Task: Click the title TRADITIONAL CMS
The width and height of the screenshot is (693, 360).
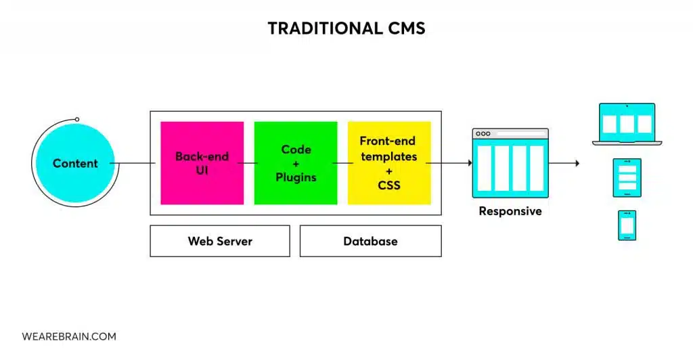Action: coord(346,28)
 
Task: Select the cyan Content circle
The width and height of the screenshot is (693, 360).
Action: coord(75,163)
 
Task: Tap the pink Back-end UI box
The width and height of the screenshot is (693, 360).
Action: coord(202,163)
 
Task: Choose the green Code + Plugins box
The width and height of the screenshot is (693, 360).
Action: coord(295,163)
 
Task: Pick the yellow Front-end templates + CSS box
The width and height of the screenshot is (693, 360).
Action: coord(388,163)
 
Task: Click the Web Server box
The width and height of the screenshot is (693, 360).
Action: coord(219,241)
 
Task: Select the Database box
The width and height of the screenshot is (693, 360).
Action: coord(370,241)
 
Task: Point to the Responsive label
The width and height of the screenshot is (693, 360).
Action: coord(510,211)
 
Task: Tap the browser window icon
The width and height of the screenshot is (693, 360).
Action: coord(510,162)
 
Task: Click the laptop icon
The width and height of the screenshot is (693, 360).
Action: coord(627,124)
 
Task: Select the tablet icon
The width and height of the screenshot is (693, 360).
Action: coord(627,177)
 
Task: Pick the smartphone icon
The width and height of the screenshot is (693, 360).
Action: coord(627,225)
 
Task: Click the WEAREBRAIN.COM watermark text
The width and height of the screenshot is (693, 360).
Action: coord(68,336)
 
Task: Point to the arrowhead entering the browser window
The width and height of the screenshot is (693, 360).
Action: coord(469,163)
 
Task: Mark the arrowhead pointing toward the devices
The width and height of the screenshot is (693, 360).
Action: coord(577,163)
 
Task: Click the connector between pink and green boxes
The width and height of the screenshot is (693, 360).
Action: coord(249,163)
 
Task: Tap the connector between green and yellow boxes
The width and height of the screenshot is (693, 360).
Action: coord(342,163)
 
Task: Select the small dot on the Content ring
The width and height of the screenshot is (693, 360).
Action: coord(77,119)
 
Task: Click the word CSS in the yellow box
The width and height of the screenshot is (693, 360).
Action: coord(388,185)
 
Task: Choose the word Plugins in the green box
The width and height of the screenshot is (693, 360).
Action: coord(296,177)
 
